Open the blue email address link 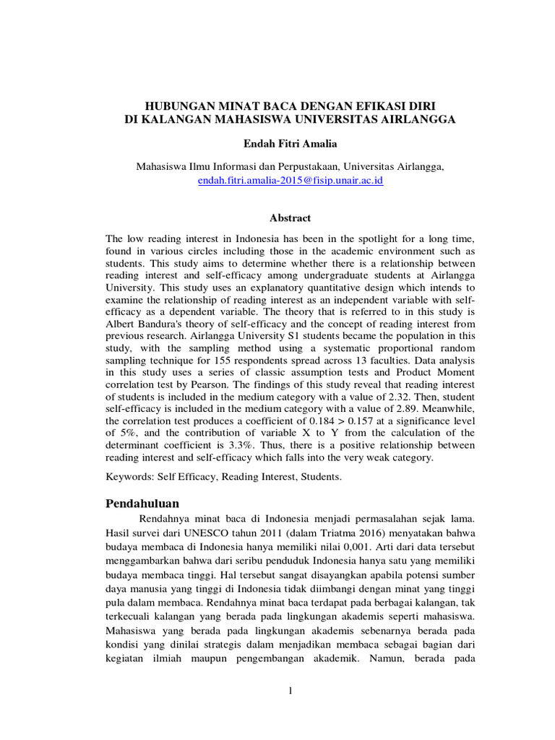pos(290,180)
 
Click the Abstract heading pos(290,218)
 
